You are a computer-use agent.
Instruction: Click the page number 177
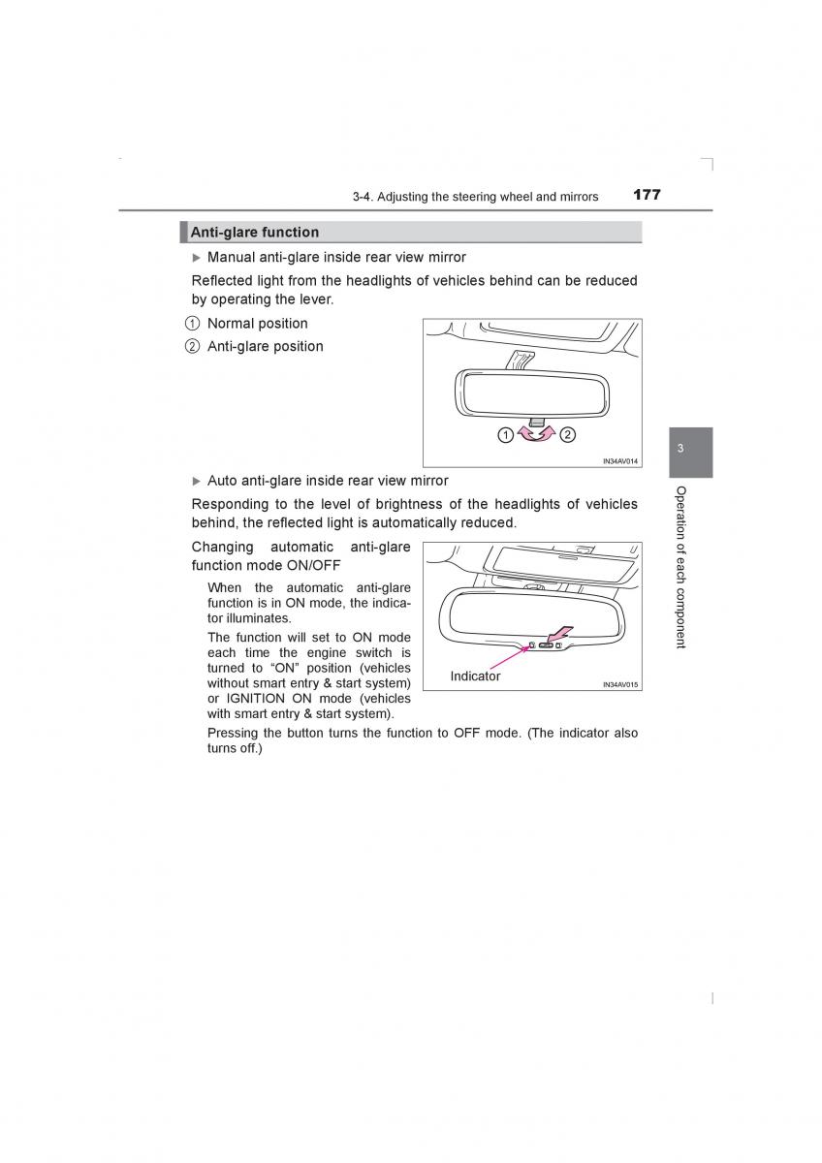647,195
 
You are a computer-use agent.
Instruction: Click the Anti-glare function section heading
254,233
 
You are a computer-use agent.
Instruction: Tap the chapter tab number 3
680,449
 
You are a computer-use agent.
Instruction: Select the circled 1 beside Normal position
193,324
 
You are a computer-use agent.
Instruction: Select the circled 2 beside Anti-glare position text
193,347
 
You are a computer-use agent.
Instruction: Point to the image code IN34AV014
620,461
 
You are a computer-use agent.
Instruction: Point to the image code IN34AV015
620,684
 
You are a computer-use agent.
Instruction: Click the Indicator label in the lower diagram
475,676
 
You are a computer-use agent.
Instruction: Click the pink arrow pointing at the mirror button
559,635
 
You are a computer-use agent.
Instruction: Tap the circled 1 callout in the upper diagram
505,435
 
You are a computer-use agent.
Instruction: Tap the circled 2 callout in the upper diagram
567,435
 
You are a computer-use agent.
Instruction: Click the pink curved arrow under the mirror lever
536,436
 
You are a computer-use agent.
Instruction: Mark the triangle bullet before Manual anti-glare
197,258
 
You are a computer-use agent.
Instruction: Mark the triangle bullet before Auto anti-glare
197,481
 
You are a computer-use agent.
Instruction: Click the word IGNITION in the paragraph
254,699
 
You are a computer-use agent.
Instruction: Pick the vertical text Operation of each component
680,567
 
